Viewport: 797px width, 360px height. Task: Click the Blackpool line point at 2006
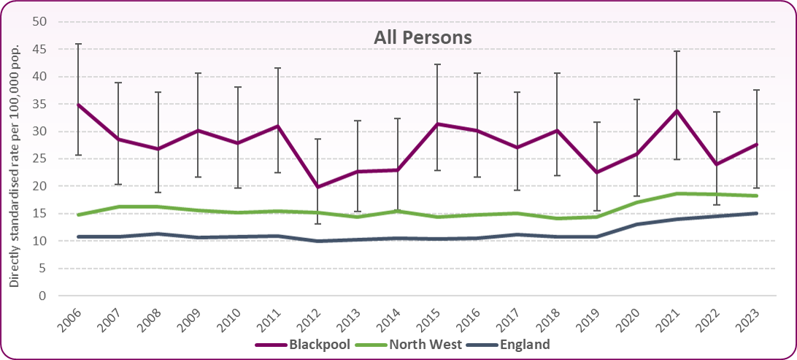[x=79, y=104]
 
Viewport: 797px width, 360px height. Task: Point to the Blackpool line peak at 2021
[x=676, y=111]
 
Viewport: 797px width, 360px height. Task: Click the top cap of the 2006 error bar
[x=79, y=44]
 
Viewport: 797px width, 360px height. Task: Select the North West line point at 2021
[x=676, y=194]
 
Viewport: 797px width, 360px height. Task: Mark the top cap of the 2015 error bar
[x=436, y=64]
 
